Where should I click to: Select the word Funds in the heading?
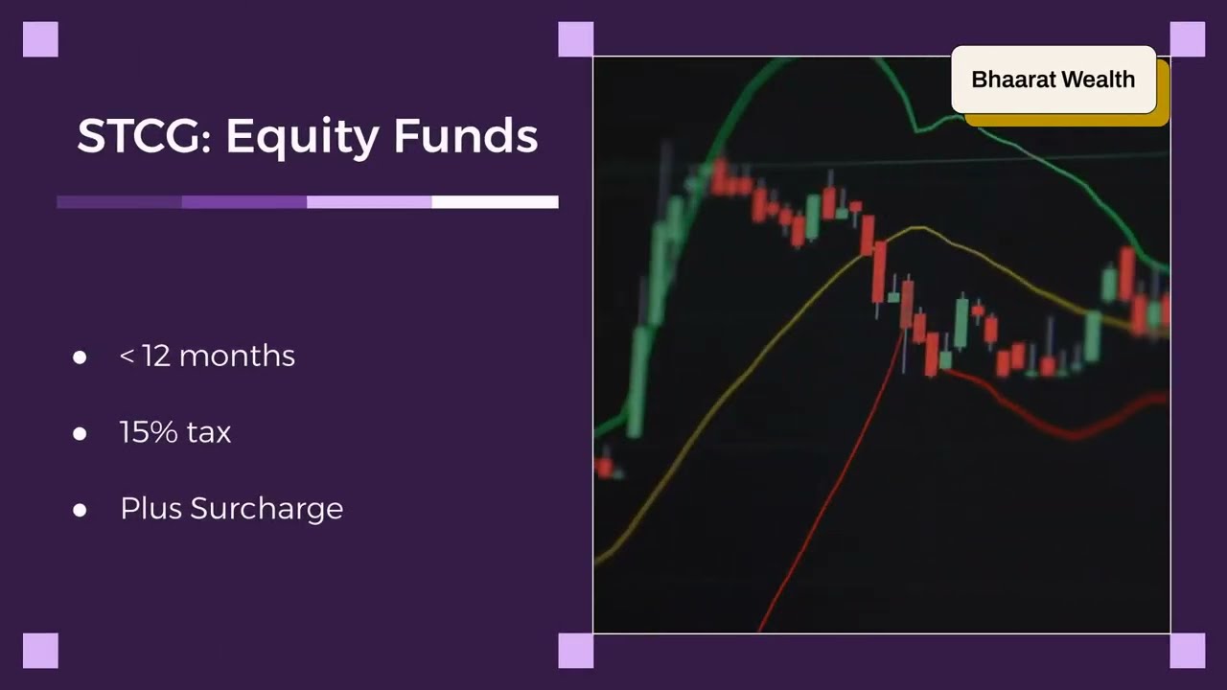[x=465, y=136]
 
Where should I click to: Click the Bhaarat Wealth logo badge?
[x=1053, y=80]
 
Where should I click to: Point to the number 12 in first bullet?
[x=155, y=356]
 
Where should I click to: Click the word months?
[x=237, y=356]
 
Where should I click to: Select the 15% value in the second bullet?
[x=149, y=432]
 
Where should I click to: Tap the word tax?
[x=209, y=432]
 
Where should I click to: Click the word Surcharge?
[x=266, y=509]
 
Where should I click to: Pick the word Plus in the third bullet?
[x=151, y=508]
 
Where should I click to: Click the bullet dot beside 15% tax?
[x=80, y=433]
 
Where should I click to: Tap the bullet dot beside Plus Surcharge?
[x=80, y=510]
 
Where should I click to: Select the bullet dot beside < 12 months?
[x=80, y=357]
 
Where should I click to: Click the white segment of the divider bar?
[x=495, y=202]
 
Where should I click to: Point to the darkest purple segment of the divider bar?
[x=119, y=202]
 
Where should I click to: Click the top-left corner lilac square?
[x=40, y=39]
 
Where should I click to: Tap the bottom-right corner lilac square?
[x=1188, y=651]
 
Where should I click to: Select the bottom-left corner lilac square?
[x=40, y=651]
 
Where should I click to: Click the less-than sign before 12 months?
[x=126, y=356]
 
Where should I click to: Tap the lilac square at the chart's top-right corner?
[x=1188, y=39]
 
